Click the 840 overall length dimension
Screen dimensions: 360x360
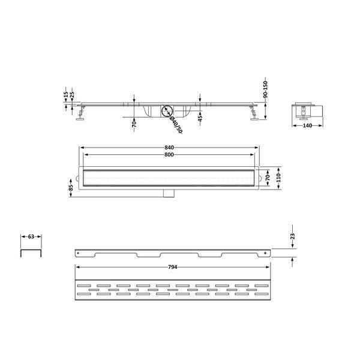tap(169, 148)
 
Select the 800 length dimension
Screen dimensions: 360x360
tap(169, 155)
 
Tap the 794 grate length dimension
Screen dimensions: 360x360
tap(172, 267)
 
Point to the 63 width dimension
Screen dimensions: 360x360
tap(31, 236)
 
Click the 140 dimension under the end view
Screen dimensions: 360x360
tap(307, 125)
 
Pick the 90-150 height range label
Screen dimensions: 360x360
tap(265, 89)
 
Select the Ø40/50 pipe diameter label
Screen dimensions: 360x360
tap(176, 125)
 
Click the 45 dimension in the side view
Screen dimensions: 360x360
tap(200, 118)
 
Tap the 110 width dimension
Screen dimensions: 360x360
tap(278, 178)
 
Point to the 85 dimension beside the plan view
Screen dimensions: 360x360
tap(71, 188)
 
